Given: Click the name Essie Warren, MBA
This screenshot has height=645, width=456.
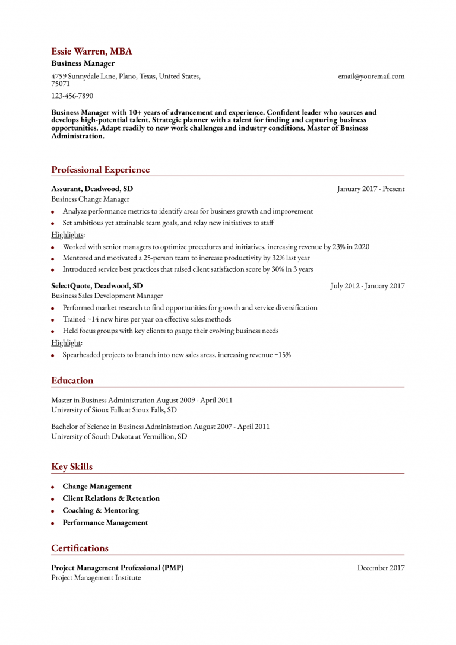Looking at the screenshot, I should coord(91,52).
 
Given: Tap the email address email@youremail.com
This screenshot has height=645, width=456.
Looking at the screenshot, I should coord(371,76).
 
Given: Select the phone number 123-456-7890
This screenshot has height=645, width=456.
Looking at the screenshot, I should coord(72,96).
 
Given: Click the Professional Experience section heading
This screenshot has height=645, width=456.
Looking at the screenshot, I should coord(100,170).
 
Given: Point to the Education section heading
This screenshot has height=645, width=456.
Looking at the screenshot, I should coord(72,380).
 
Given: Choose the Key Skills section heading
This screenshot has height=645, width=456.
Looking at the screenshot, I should coord(72,466).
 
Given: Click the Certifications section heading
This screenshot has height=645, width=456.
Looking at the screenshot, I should coord(80,548).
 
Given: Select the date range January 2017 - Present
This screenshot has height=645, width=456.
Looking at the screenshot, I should coord(370,189).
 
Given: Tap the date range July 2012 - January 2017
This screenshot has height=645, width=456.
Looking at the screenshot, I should coord(368,286).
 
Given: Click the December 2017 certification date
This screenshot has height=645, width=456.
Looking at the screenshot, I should coord(381,568).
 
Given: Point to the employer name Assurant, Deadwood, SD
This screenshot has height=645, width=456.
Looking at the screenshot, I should coord(92,189).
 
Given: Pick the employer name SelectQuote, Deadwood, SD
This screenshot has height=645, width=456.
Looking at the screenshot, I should coord(97,285).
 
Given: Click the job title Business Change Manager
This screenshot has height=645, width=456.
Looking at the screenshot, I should coord(90,199).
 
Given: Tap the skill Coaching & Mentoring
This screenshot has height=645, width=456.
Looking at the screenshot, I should coord(100,510).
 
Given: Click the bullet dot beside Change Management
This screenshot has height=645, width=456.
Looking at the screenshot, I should coord(53,487).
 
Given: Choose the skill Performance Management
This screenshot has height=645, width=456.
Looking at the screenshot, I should coord(105,523).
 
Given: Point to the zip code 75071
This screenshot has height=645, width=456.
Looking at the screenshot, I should coord(61,84).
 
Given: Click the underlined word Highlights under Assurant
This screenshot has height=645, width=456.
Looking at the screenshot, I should coord(67,235).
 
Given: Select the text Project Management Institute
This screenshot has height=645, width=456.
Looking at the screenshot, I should coord(96,578).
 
